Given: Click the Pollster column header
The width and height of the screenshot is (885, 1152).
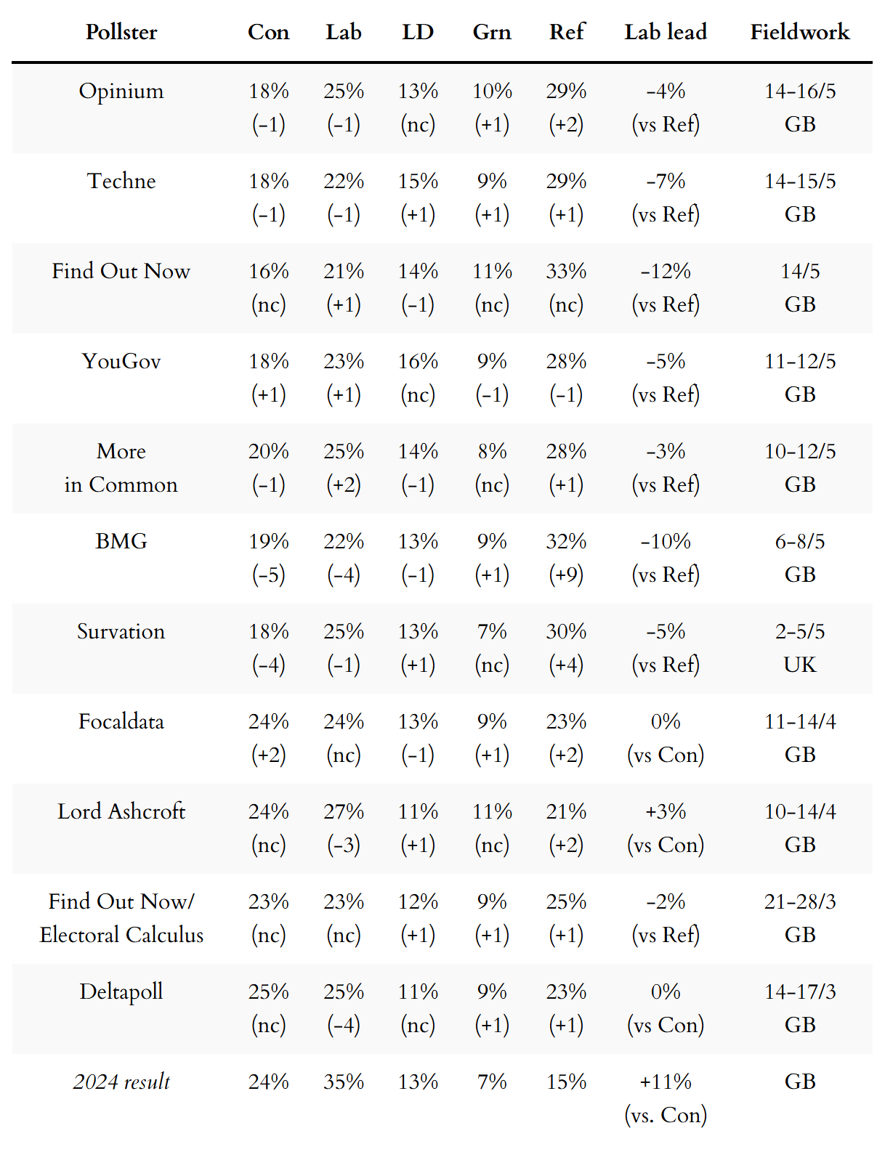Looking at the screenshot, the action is (121, 32).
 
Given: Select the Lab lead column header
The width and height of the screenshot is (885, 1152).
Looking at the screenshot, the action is (665, 32).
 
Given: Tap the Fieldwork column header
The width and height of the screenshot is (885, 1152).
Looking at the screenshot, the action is (799, 32).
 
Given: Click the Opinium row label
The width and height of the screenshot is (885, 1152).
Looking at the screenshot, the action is (121, 92).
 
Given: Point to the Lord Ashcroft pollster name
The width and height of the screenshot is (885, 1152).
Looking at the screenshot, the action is (121, 811).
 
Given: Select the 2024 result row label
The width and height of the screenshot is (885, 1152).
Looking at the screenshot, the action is (121, 1082).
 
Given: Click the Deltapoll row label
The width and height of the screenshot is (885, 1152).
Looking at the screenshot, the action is (121, 992).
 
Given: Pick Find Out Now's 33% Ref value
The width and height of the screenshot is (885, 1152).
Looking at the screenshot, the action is (566, 272).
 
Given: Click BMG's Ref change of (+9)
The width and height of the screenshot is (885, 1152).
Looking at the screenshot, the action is (566, 575).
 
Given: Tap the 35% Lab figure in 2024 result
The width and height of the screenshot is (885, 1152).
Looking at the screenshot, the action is (344, 1082).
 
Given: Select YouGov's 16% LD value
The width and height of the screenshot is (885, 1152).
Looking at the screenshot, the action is (418, 362).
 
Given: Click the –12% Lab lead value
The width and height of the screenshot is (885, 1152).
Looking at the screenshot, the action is (665, 272).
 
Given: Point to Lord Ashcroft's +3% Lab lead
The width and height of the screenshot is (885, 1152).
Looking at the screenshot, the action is (665, 811).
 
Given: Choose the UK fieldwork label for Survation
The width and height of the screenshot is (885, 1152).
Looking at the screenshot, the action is (799, 665).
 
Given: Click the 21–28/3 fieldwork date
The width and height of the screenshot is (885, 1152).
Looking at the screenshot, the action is (799, 901).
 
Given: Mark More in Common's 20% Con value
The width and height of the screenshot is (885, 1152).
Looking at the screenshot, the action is (268, 452).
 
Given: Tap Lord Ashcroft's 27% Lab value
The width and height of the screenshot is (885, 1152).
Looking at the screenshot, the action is (344, 811).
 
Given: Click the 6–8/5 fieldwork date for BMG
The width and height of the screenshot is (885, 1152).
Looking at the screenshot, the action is (799, 542).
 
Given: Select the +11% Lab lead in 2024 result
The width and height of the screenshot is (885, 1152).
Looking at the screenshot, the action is (665, 1082).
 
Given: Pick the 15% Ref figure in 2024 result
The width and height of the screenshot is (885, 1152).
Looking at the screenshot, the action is (566, 1082).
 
